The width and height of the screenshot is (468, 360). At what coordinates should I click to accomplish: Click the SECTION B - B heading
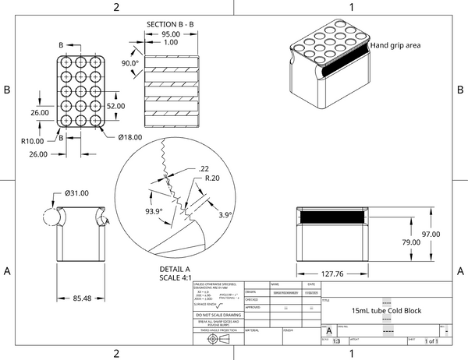172,24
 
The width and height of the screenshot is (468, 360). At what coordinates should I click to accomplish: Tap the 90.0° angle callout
129,63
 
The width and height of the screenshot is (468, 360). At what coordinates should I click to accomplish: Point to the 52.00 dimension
116,106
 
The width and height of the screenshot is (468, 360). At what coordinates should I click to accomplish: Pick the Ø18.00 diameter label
129,137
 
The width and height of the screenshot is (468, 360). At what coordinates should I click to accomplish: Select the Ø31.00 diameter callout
76,192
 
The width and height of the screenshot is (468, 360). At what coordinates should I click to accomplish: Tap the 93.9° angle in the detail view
154,211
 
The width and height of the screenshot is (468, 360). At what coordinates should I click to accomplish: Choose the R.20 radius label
210,178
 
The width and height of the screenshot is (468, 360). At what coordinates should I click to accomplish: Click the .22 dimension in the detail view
204,168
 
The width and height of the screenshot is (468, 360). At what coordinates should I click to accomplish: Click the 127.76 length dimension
332,274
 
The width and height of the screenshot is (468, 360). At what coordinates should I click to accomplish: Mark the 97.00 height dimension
431,234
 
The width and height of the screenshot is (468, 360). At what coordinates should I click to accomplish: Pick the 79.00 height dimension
411,243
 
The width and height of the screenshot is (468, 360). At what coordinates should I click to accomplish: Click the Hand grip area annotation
395,45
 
